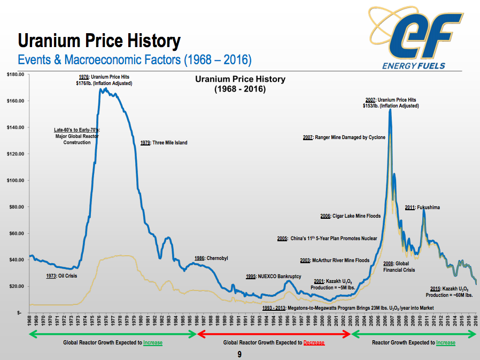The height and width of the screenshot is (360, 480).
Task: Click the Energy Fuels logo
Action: [x=415, y=37]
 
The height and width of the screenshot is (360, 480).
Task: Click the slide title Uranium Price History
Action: [x=99, y=41]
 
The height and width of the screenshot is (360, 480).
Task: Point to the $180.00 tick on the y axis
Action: [x=15, y=74]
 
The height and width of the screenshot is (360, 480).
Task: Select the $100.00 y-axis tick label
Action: [x=15, y=180]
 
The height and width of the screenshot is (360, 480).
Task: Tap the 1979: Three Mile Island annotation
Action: [x=164, y=143]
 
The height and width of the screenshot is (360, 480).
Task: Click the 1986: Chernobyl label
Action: [x=211, y=258]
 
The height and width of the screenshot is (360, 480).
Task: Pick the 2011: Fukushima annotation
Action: [x=422, y=208]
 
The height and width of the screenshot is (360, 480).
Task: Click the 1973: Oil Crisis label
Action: [x=63, y=276]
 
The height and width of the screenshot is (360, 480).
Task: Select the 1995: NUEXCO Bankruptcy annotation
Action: [x=274, y=277]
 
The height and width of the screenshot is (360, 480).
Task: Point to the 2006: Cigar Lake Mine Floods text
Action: [x=351, y=216]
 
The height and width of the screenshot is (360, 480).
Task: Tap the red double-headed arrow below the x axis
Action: [x=274, y=334]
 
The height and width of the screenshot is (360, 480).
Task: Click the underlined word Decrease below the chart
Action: [x=314, y=343]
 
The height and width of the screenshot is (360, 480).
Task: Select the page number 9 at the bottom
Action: [x=240, y=355]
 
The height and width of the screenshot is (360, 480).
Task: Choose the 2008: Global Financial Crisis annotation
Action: [x=399, y=267]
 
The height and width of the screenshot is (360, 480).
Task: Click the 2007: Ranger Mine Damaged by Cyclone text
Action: [x=344, y=137]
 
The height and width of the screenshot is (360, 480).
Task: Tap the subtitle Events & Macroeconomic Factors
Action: [x=135, y=59]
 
